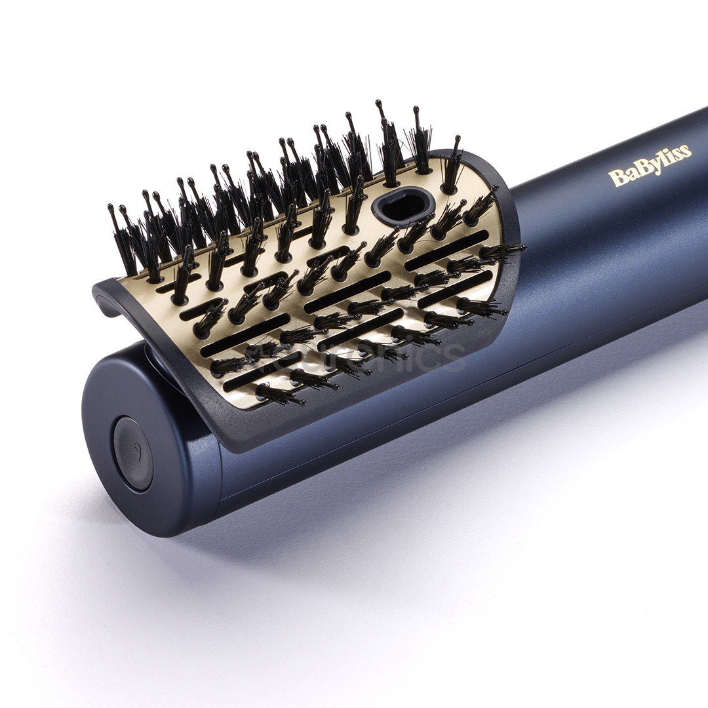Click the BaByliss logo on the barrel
(x=649, y=166)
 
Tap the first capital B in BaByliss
(x=616, y=177)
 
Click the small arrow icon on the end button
(x=134, y=451)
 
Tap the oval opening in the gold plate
(x=403, y=205)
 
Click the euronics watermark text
(x=354, y=357)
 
